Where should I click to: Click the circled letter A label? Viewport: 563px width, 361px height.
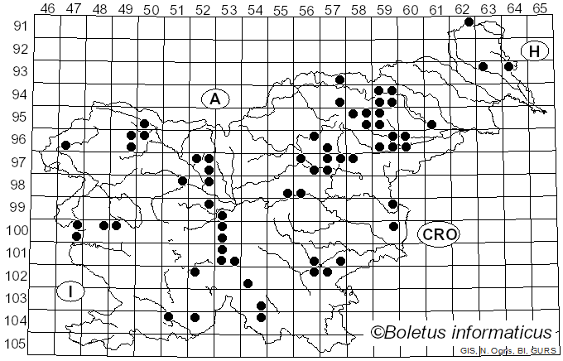coord(214,99)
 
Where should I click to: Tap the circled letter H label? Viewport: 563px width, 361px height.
coord(535,51)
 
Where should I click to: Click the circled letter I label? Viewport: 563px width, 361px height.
coord(71,291)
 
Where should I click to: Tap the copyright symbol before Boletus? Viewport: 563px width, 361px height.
coord(378,333)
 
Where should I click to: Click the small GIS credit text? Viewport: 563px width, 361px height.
coord(469,351)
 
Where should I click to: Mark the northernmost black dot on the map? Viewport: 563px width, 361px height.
coord(469,22)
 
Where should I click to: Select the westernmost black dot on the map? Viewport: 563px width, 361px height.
coord(65,145)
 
